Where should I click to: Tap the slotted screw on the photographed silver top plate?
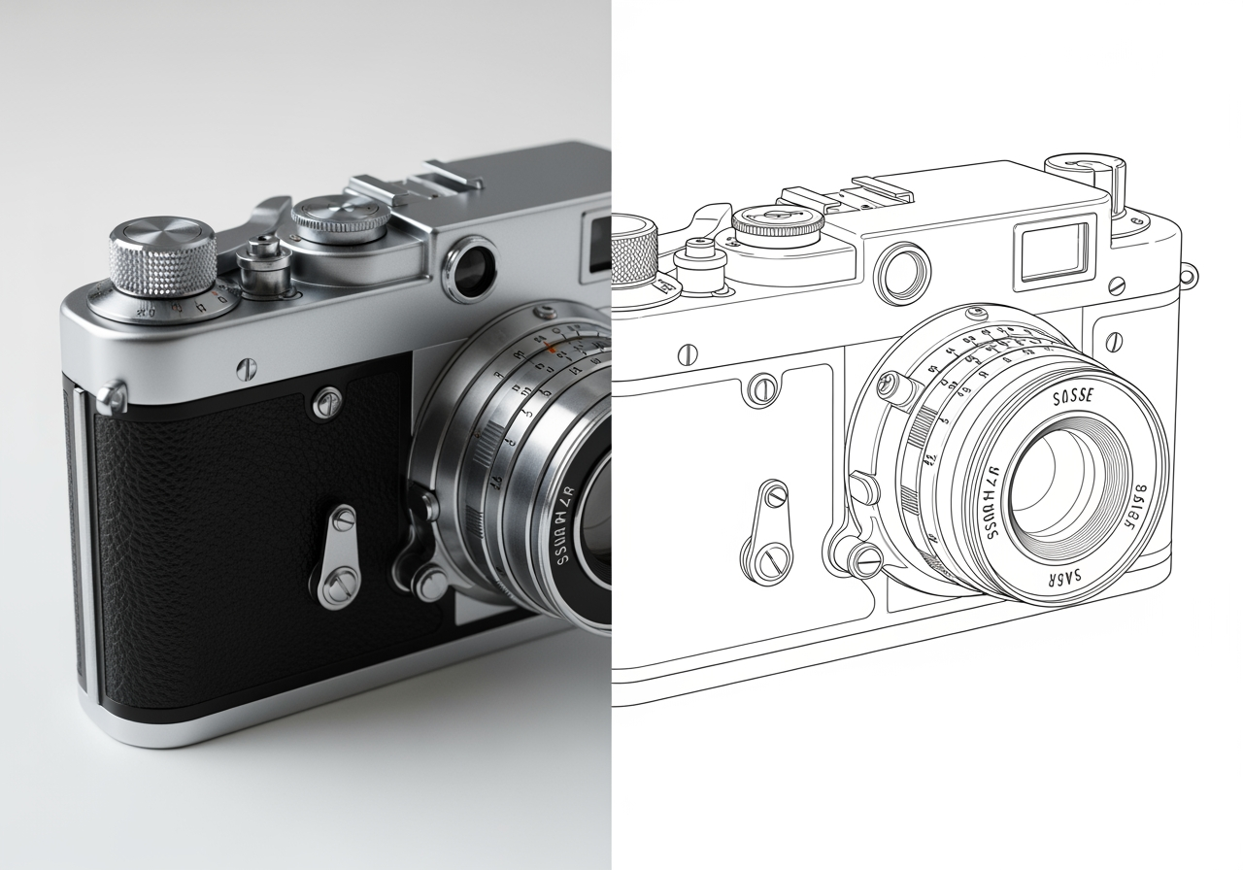(x=248, y=367)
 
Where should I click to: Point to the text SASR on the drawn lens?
(x=1063, y=577)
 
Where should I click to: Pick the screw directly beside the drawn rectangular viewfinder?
(x=1117, y=285)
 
